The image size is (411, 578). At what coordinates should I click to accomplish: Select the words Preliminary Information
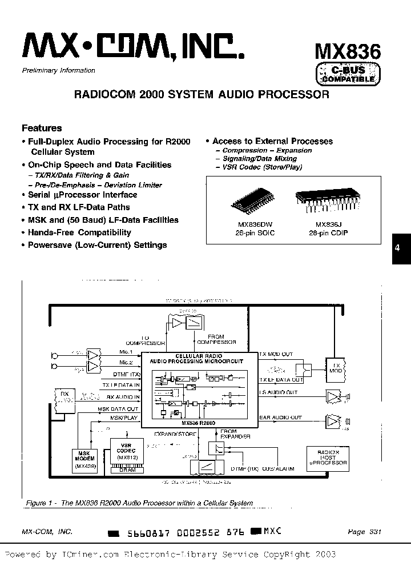58,70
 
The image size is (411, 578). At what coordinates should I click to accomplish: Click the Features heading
42,129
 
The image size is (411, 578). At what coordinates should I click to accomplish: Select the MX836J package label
320,224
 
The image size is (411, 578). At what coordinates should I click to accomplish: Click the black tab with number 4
401,248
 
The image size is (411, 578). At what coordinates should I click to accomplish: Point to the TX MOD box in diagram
335,368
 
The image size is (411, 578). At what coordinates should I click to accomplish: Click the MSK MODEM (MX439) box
85,459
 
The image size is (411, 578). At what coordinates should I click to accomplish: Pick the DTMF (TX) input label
127,374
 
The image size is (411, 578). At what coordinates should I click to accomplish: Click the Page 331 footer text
364,531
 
